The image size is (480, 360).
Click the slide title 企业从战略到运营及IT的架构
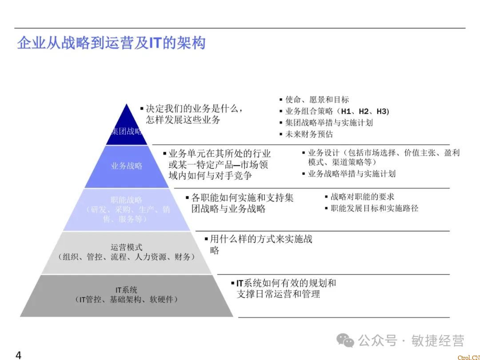click(111, 43)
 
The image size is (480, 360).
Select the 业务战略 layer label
click(127, 166)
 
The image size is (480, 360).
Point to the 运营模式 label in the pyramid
click(127, 247)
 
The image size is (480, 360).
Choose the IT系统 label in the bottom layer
click(127, 290)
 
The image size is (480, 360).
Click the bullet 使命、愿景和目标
click(316, 100)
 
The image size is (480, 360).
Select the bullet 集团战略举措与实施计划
click(328, 123)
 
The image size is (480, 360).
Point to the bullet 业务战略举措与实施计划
click(351, 174)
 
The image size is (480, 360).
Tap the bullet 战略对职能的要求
click(362, 196)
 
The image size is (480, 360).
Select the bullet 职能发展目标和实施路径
click(374, 208)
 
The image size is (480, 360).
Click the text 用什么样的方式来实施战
click(261, 239)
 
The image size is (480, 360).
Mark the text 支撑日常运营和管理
click(278, 294)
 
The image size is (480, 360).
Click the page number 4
click(18, 355)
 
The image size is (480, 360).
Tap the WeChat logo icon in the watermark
click(345, 340)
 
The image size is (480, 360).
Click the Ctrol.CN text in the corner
click(468, 357)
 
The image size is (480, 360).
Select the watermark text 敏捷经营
click(437, 340)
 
